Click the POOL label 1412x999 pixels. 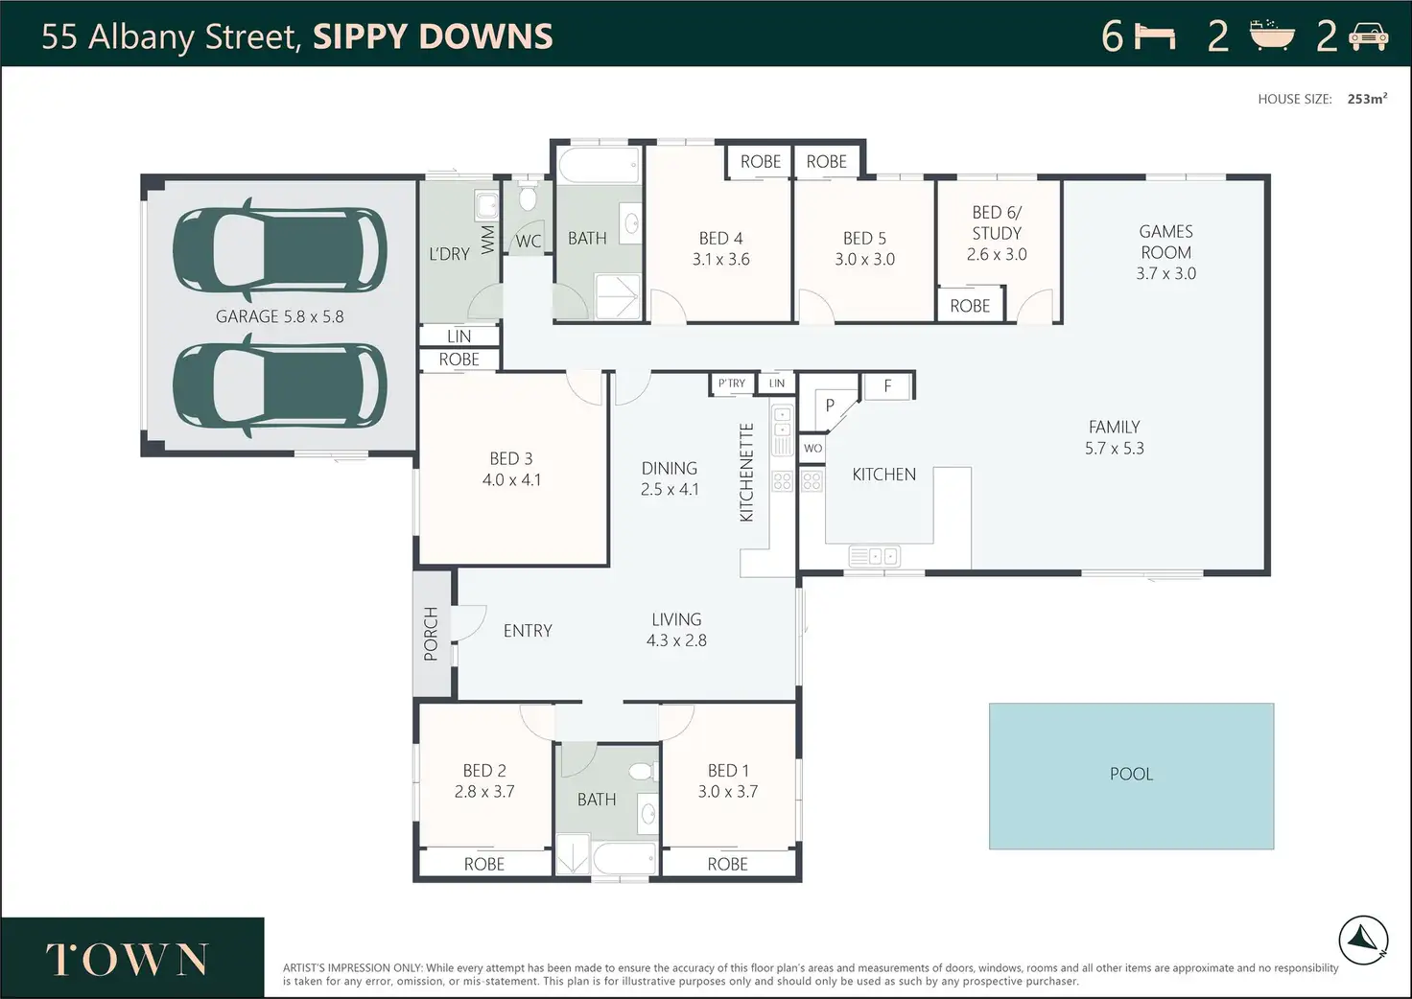1132,774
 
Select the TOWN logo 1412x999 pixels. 127,960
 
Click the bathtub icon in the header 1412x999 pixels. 1272,35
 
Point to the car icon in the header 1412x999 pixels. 1368,36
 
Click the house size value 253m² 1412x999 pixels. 1367,99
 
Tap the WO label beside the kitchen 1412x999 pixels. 813,449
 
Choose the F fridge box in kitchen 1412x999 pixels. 887,386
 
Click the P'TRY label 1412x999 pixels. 732,383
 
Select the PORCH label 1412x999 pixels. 431,634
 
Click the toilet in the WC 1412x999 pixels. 528,197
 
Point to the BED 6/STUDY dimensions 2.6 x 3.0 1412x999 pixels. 997,254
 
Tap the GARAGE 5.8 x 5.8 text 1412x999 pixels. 280,316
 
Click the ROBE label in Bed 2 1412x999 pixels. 484,864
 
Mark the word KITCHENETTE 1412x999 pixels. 746,473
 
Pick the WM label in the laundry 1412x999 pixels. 488,240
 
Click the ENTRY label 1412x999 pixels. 528,631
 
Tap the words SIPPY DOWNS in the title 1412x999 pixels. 433,36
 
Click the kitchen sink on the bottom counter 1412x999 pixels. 875,556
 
